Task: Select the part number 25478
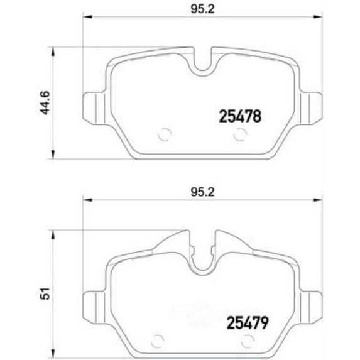[239, 116]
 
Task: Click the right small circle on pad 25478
[239, 134]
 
